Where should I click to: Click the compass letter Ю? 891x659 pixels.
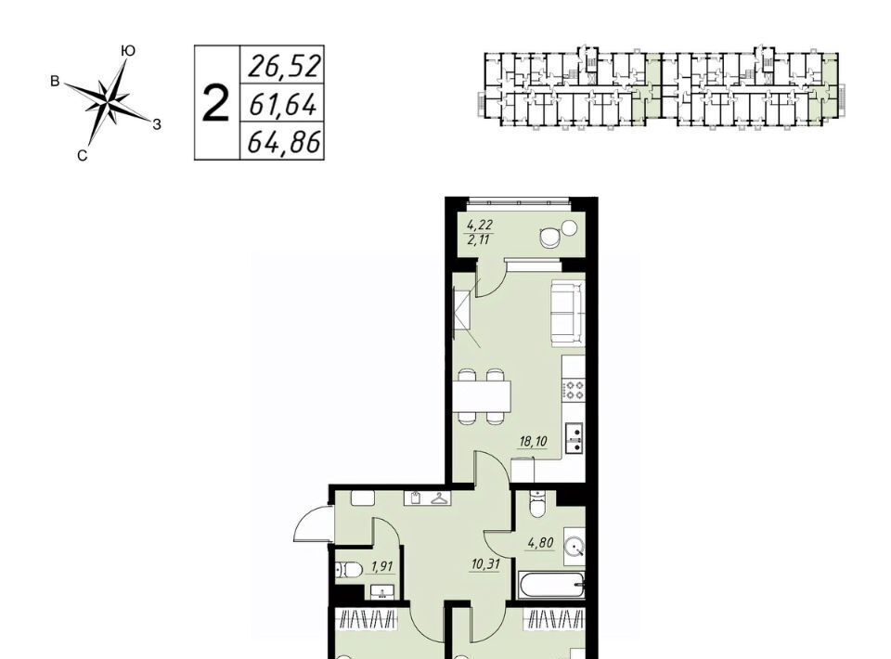pyautogui.click(x=128, y=50)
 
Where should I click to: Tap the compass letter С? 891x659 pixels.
pyautogui.click(x=83, y=156)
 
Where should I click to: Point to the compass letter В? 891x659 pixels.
pyautogui.click(x=55, y=82)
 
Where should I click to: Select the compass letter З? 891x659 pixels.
pyautogui.click(x=157, y=123)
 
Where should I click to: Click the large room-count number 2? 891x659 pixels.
pyautogui.click(x=216, y=104)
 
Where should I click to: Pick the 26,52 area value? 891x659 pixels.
pyautogui.click(x=285, y=66)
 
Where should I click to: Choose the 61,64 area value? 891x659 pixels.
pyautogui.click(x=282, y=104)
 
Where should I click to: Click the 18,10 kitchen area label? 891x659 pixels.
pyautogui.click(x=533, y=441)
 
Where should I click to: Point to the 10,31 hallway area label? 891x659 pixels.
pyautogui.click(x=485, y=563)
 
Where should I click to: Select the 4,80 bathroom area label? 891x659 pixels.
pyautogui.click(x=540, y=543)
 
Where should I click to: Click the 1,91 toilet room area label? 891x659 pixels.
pyautogui.click(x=381, y=566)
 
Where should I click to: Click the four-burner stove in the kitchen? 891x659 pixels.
pyautogui.click(x=574, y=389)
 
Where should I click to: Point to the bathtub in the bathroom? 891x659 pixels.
pyautogui.click(x=551, y=584)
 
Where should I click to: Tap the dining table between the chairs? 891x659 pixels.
pyautogui.click(x=484, y=396)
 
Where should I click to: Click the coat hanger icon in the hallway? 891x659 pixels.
pyautogui.click(x=439, y=498)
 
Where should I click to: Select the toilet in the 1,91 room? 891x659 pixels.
pyautogui.click(x=349, y=569)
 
